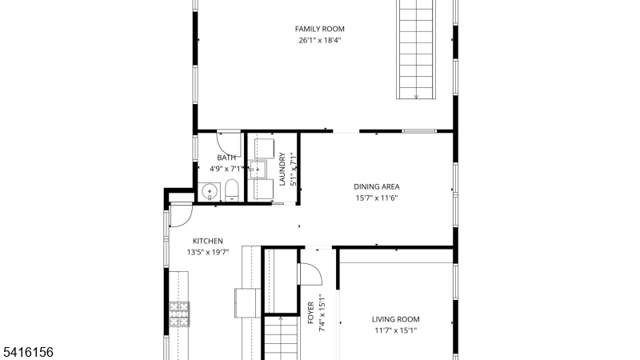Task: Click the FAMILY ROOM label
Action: (x=319, y=29)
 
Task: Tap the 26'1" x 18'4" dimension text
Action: (x=319, y=41)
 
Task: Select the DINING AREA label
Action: (x=376, y=187)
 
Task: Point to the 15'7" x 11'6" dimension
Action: (x=376, y=198)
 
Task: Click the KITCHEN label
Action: (x=208, y=242)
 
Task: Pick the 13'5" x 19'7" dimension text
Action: (x=208, y=253)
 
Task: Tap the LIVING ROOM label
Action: (x=395, y=319)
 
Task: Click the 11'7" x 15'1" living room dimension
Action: (x=395, y=331)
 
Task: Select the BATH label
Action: (x=226, y=158)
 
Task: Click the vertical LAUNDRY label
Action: (x=282, y=169)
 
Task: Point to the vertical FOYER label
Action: (x=310, y=313)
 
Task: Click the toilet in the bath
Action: (x=231, y=190)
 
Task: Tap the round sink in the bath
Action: (x=210, y=191)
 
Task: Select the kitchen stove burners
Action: (x=179, y=314)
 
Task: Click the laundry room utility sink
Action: (x=258, y=170)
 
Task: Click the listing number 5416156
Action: (x=28, y=352)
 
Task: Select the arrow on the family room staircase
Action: (x=416, y=97)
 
